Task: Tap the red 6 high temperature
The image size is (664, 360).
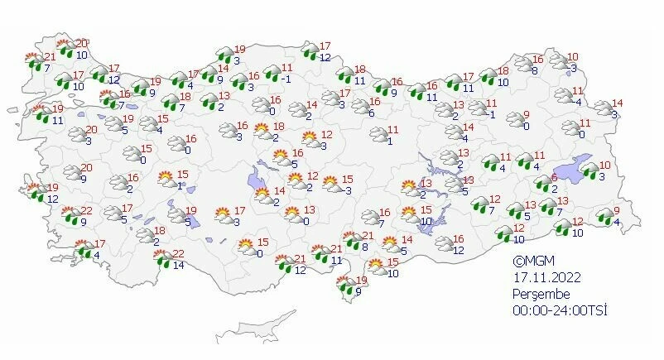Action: [x=554, y=178]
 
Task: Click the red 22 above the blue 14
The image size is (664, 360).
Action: [x=177, y=253]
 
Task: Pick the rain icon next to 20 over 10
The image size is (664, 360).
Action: [x=65, y=48]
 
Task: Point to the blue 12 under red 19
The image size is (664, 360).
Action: [x=52, y=199]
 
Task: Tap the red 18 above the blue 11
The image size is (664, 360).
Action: [x=360, y=70]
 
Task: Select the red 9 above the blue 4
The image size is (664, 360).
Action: [x=615, y=209]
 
